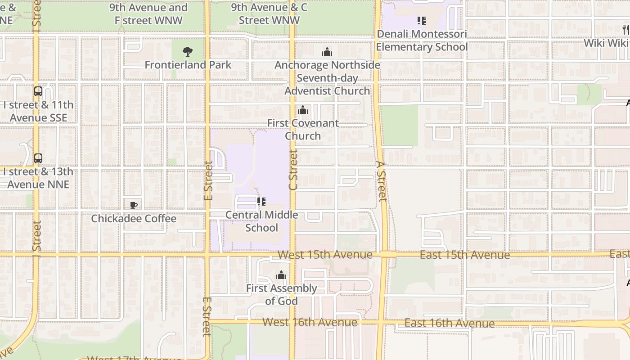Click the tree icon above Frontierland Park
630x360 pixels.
click(188, 52)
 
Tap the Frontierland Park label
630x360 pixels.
click(188, 65)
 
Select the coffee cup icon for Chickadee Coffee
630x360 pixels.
click(134, 206)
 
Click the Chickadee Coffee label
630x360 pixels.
click(134, 219)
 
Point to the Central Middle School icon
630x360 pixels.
click(261, 202)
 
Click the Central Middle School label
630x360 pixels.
click(261, 221)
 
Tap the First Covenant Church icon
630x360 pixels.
click(303, 110)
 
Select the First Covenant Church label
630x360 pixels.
click(303, 130)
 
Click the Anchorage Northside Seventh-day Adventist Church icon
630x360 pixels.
click(327, 52)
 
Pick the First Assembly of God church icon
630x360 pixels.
click(281, 275)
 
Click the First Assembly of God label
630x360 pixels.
click(281, 295)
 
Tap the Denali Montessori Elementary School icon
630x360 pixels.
click(422, 21)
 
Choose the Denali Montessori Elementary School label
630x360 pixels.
click(422, 40)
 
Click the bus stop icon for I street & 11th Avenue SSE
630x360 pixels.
click(38, 91)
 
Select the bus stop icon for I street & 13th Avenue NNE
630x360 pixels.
click(38, 158)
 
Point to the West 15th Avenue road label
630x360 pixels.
click(325, 255)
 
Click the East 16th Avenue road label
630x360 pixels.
click(449, 323)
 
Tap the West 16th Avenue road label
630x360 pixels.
click(310, 322)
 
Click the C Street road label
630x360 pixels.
click(293, 170)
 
